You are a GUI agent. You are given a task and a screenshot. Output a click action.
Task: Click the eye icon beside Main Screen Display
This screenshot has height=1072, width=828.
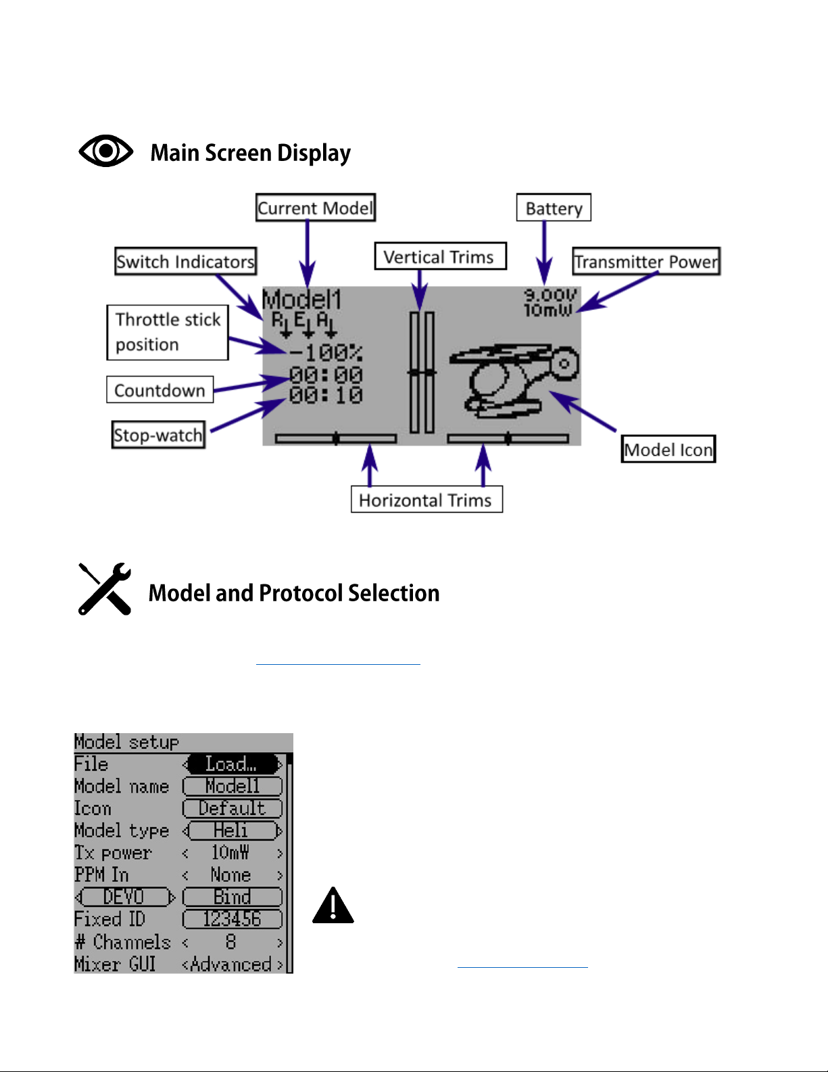(x=106, y=151)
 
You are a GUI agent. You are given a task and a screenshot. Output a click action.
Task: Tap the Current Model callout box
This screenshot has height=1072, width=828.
(x=315, y=208)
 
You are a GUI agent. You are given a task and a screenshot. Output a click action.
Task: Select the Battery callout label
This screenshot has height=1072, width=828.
(x=554, y=208)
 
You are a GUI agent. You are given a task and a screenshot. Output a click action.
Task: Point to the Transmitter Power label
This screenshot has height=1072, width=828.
(x=646, y=262)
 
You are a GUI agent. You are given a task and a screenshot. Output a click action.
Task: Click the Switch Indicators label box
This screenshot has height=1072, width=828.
(x=185, y=262)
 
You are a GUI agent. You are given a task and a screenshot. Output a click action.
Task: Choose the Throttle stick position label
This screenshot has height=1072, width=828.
(x=168, y=332)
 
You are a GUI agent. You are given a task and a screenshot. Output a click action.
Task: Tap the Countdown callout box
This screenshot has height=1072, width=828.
(x=160, y=390)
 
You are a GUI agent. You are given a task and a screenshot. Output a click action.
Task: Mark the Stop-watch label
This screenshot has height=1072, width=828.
(x=158, y=435)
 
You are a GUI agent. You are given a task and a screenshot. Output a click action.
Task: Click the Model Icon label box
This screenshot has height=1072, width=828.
(x=668, y=450)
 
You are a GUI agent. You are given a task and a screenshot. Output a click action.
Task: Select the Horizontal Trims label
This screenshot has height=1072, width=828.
(x=426, y=500)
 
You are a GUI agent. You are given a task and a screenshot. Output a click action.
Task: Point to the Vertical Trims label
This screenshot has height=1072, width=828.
(x=439, y=257)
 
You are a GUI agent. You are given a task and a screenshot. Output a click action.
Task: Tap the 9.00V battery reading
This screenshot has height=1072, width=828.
(x=550, y=295)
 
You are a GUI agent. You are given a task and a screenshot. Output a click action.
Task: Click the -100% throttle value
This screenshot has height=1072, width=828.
(x=326, y=352)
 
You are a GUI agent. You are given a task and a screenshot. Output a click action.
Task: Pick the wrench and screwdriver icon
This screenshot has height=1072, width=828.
(x=105, y=589)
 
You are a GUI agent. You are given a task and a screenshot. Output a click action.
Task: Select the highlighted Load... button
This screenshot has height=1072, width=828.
(x=232, y=764)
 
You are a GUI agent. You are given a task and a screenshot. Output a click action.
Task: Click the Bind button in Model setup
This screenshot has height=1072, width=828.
(x=232, y=897)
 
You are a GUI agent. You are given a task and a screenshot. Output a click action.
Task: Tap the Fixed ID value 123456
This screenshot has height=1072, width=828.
(x=232, y=919)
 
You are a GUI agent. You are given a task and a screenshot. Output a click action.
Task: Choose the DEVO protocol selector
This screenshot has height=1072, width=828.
(x=124, y=897)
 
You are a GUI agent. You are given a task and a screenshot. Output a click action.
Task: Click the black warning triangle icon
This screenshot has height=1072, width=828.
(x=333, y=906)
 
